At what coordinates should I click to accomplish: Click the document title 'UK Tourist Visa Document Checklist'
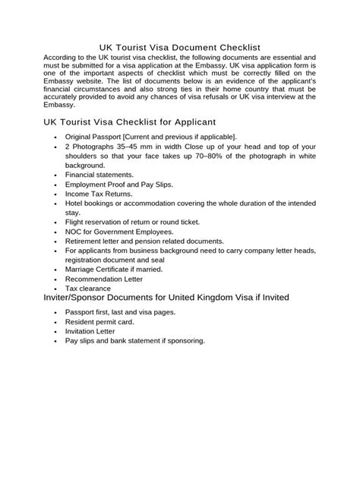coord(180,47)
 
